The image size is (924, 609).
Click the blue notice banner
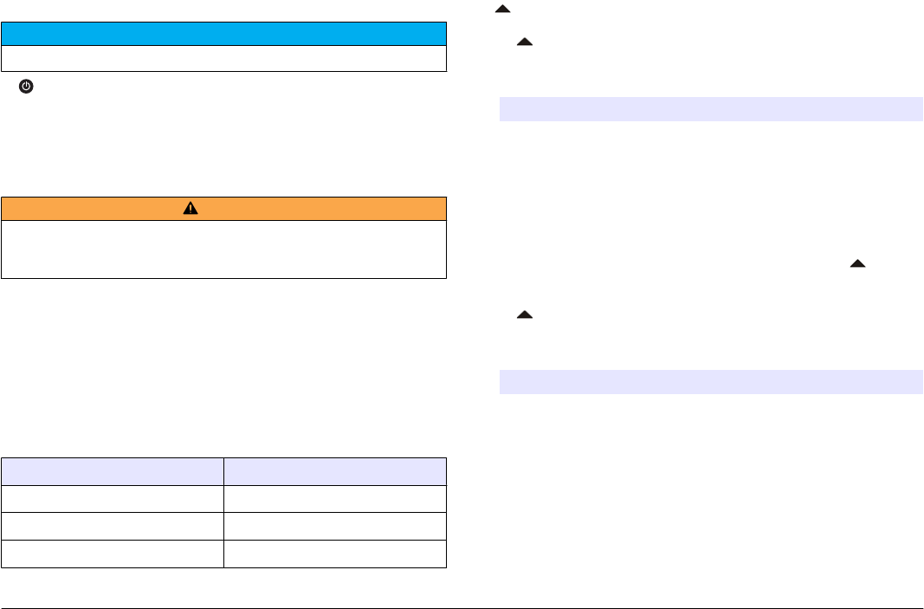223,34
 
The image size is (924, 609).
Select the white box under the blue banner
223,58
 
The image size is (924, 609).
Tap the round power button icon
26,87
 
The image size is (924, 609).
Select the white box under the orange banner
223,249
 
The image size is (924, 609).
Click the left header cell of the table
113,470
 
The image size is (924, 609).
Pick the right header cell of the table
335,470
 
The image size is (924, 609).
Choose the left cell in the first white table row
113,497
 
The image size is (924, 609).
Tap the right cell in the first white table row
335,497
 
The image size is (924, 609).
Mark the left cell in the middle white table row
113,525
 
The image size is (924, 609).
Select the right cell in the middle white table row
335,525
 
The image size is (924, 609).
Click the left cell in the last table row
113,553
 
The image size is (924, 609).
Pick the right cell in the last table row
335,553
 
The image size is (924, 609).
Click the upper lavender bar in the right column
711,109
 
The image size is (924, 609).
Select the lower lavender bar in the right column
711,382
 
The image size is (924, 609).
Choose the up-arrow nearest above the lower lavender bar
524,316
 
